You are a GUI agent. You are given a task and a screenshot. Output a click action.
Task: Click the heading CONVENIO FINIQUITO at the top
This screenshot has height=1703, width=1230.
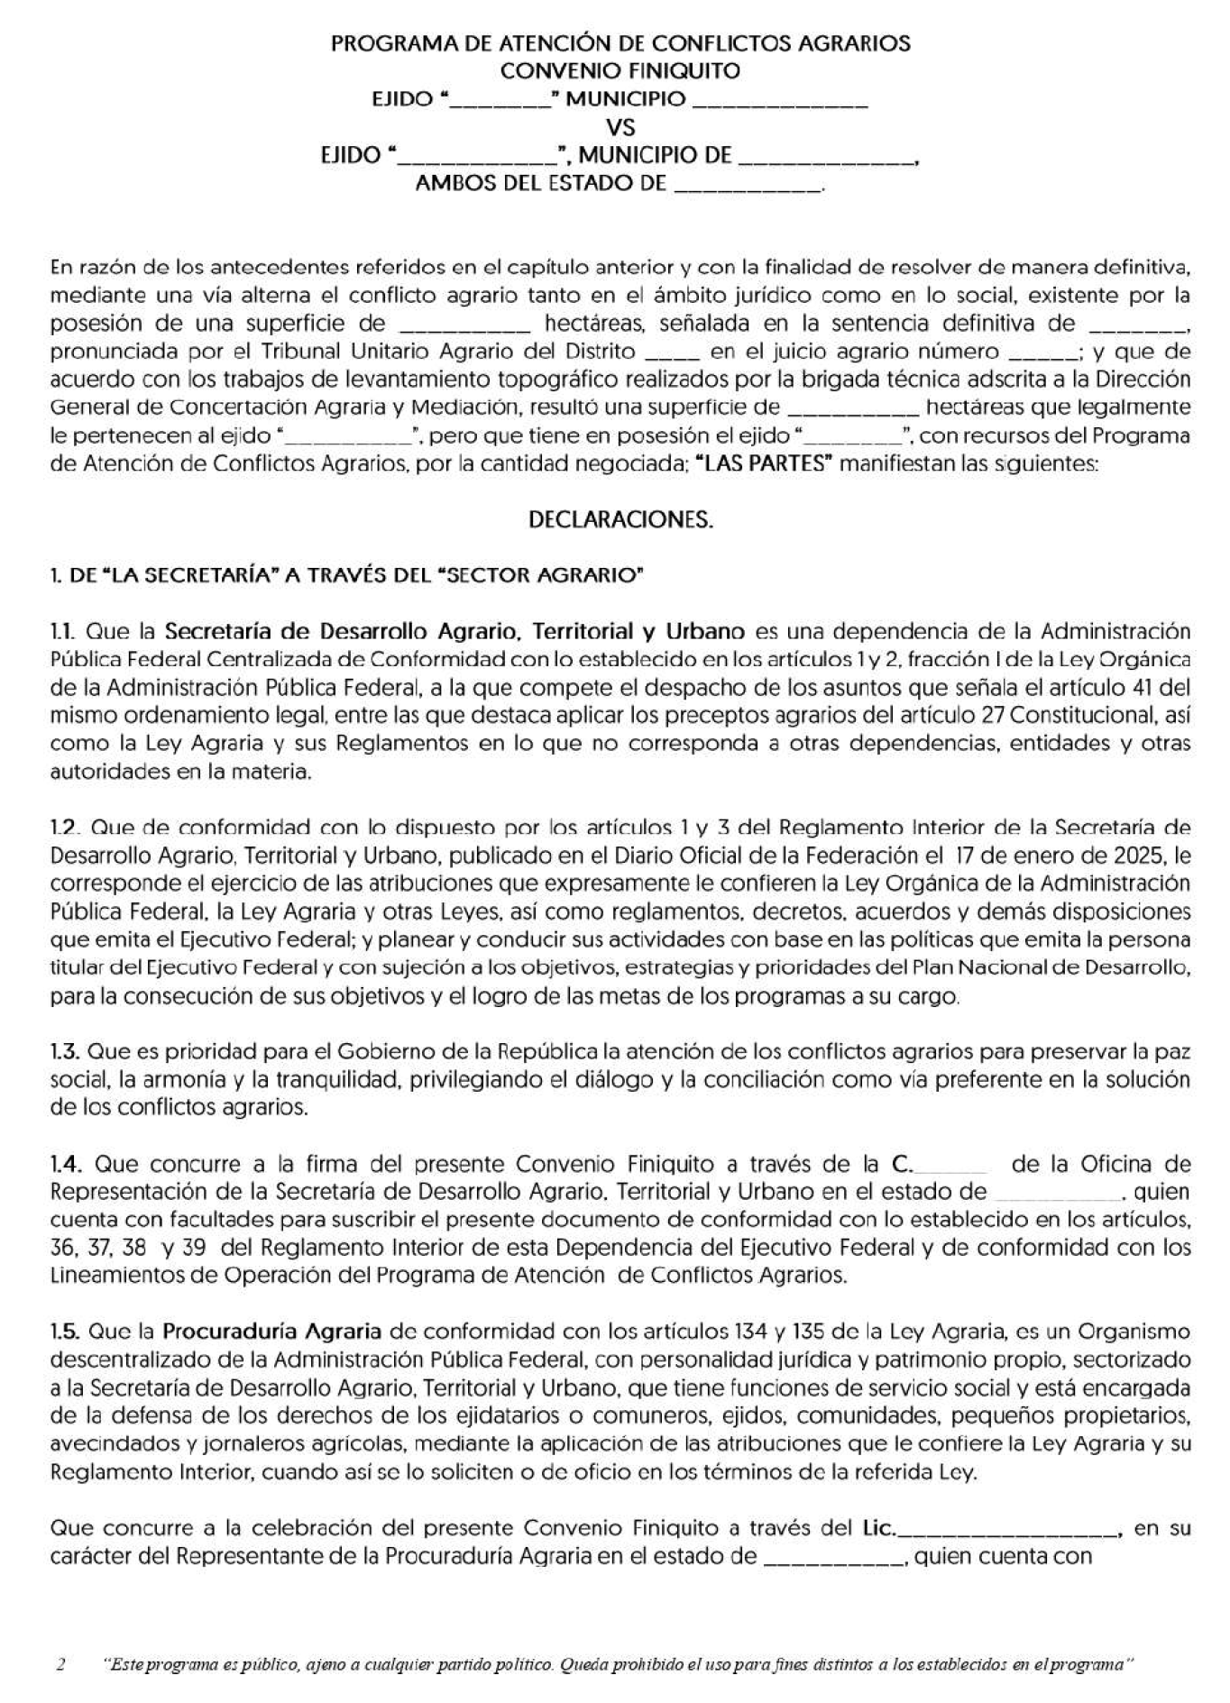tap(620, 70)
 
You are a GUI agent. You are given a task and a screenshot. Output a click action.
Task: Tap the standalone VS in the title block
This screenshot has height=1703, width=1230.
tap(621, 127)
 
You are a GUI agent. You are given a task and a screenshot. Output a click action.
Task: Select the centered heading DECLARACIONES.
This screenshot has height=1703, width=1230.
tap(620, 520)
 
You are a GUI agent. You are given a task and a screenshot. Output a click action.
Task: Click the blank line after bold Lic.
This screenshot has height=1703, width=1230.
tap(1007, 1529)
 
